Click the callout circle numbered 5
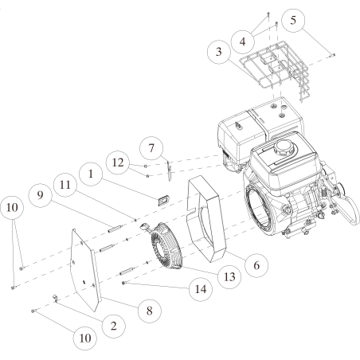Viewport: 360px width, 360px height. pyautogui.click(x=293, y=20)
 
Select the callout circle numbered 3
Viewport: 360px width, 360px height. pyautogui.click(x=219, y=52)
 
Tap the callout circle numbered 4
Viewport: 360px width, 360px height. pyautogui.click(x=243, y=42)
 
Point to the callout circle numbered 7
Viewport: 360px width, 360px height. pyautogui.click(x=151, y=148)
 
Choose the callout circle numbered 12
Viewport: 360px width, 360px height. pyautogui.click(x=118, y=162)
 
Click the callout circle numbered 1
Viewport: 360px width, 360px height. pyautogui.click(x=91, y=174)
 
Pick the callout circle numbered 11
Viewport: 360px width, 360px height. pyautogui.click(x=65, y=185)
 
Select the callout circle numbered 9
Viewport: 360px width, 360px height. pyautogui.click(x=40, y=196)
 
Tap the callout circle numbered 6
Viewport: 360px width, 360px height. pyautogui.click(x=256, y=265)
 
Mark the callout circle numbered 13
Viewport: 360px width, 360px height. pyautogui.click(x=229, y=277)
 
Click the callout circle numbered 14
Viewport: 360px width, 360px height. pyautogui.click(x=201, y=289)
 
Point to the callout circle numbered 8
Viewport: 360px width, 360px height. pyautogui.click(x=150, y=311)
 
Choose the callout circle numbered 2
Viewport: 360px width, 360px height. pyautogui.click(x=114, y=327)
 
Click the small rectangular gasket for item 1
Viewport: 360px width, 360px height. pyautogui.click(x=163, y=200)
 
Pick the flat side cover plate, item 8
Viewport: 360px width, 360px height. pyautogui.click(x=85, y=270)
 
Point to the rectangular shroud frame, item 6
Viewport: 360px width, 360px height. pyautogui.click(x=206, y=219)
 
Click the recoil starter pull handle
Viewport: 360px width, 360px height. pyautogui.click(x=146, y=227)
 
